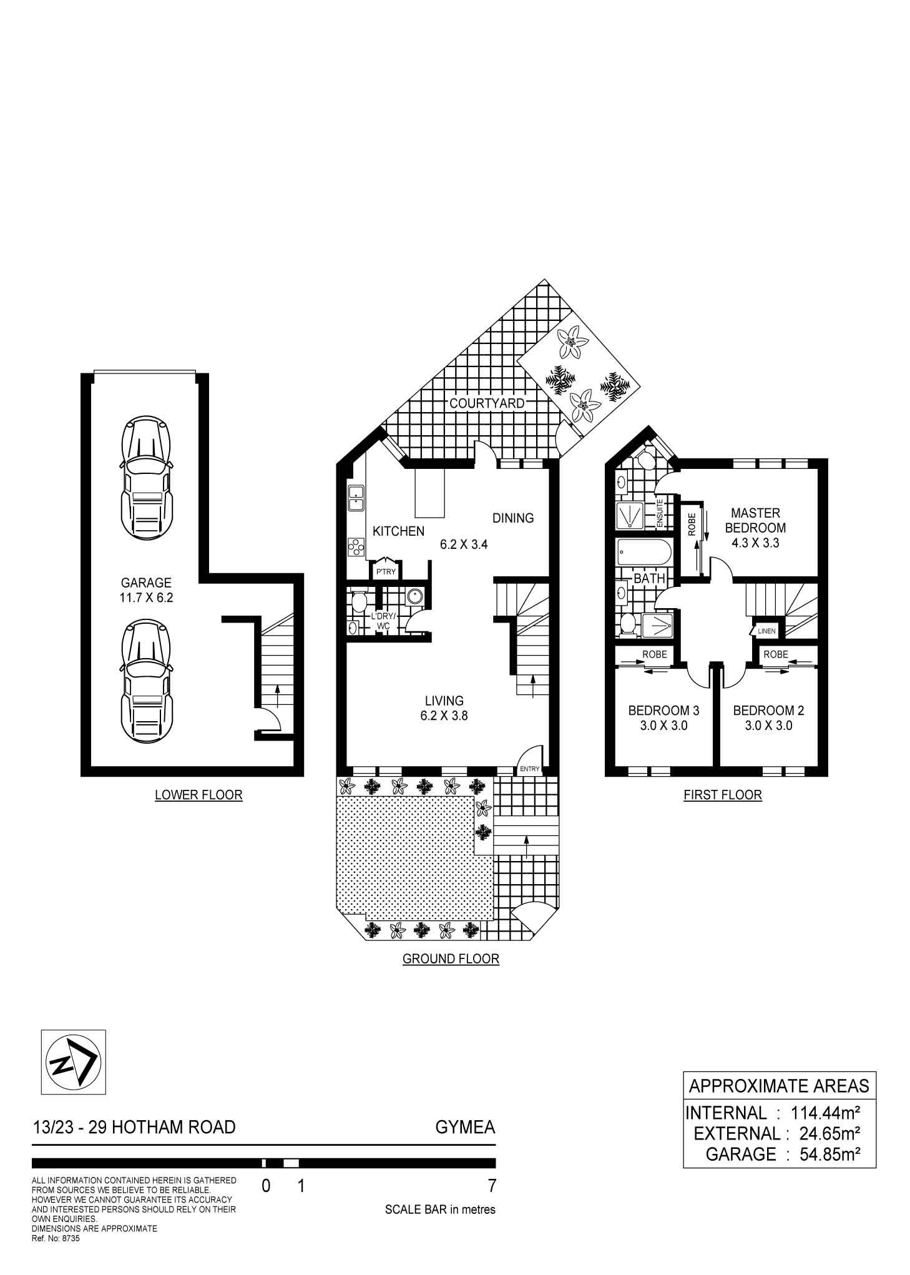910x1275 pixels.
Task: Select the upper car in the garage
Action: [147, 478]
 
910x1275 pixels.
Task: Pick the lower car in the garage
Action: [147, 679]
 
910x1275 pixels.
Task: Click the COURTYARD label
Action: [487, 403]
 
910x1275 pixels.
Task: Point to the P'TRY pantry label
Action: [385, 571]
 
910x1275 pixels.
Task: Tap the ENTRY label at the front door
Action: [529, 769]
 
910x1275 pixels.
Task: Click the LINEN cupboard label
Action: [766, 631]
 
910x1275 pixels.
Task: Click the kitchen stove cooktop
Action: [356, 547]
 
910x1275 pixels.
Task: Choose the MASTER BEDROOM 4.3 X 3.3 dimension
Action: [755, 543]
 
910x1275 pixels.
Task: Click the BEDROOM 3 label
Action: [663, 711]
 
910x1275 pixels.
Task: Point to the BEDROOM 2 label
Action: [768, 711]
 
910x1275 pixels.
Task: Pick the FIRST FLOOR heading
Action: [723, 795]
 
